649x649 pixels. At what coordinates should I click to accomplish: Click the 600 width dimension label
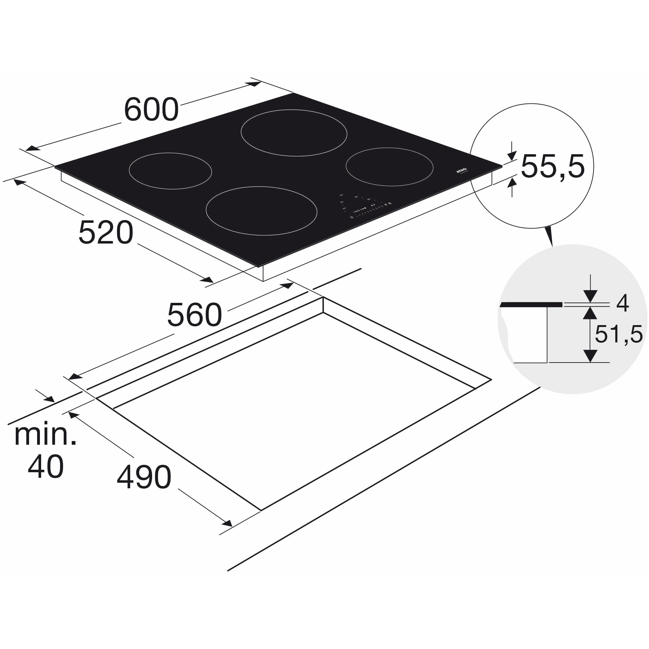[x=151, y=110]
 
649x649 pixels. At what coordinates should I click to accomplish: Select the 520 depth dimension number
[x=106, y=232]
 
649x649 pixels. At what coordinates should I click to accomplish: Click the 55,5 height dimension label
[x=553, y=167]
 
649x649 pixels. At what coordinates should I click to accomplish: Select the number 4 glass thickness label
[x=622, y=304]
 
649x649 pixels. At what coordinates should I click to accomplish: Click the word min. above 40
[x=45, y=435]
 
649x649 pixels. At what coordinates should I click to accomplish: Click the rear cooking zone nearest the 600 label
[x=294, y=133]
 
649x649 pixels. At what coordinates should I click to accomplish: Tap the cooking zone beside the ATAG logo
[x=389, y=167]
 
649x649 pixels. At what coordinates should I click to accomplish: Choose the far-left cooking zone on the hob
[x=170, y=171]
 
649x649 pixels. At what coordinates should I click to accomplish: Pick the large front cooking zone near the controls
[x=261, y=211]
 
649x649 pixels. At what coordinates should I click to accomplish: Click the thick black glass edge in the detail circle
[x=531, y=305]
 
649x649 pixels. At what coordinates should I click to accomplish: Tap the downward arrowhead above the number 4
[x=590, y=296]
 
